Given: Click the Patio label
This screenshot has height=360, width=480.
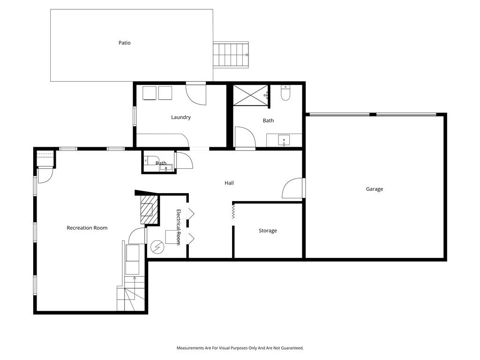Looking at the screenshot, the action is coord(124,43).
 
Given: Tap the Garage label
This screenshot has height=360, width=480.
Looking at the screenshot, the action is coord(375,189).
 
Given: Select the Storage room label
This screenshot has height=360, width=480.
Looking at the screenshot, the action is coord(268,231).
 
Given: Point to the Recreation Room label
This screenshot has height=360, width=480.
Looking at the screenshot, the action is coord(87,228).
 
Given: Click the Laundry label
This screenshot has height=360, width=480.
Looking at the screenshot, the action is coord(180,117).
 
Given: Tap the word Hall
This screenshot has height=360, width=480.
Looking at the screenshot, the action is coord(229,183).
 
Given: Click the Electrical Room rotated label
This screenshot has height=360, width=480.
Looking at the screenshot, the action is coord(179,227).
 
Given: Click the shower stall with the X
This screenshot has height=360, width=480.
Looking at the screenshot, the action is coord(250,95).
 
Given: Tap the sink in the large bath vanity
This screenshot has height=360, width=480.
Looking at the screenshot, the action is coord(284,140).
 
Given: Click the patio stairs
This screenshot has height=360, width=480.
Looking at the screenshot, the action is coord(231,55).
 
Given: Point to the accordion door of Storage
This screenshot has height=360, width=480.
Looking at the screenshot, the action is coord(233,211).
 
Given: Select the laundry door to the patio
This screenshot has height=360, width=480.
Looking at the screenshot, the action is coord(196,94).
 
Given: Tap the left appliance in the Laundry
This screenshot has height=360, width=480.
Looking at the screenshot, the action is coord(150,93).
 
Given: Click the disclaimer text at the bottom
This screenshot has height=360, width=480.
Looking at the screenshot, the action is coord(240,348).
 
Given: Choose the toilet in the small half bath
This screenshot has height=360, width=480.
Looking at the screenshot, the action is coord(148,160).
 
